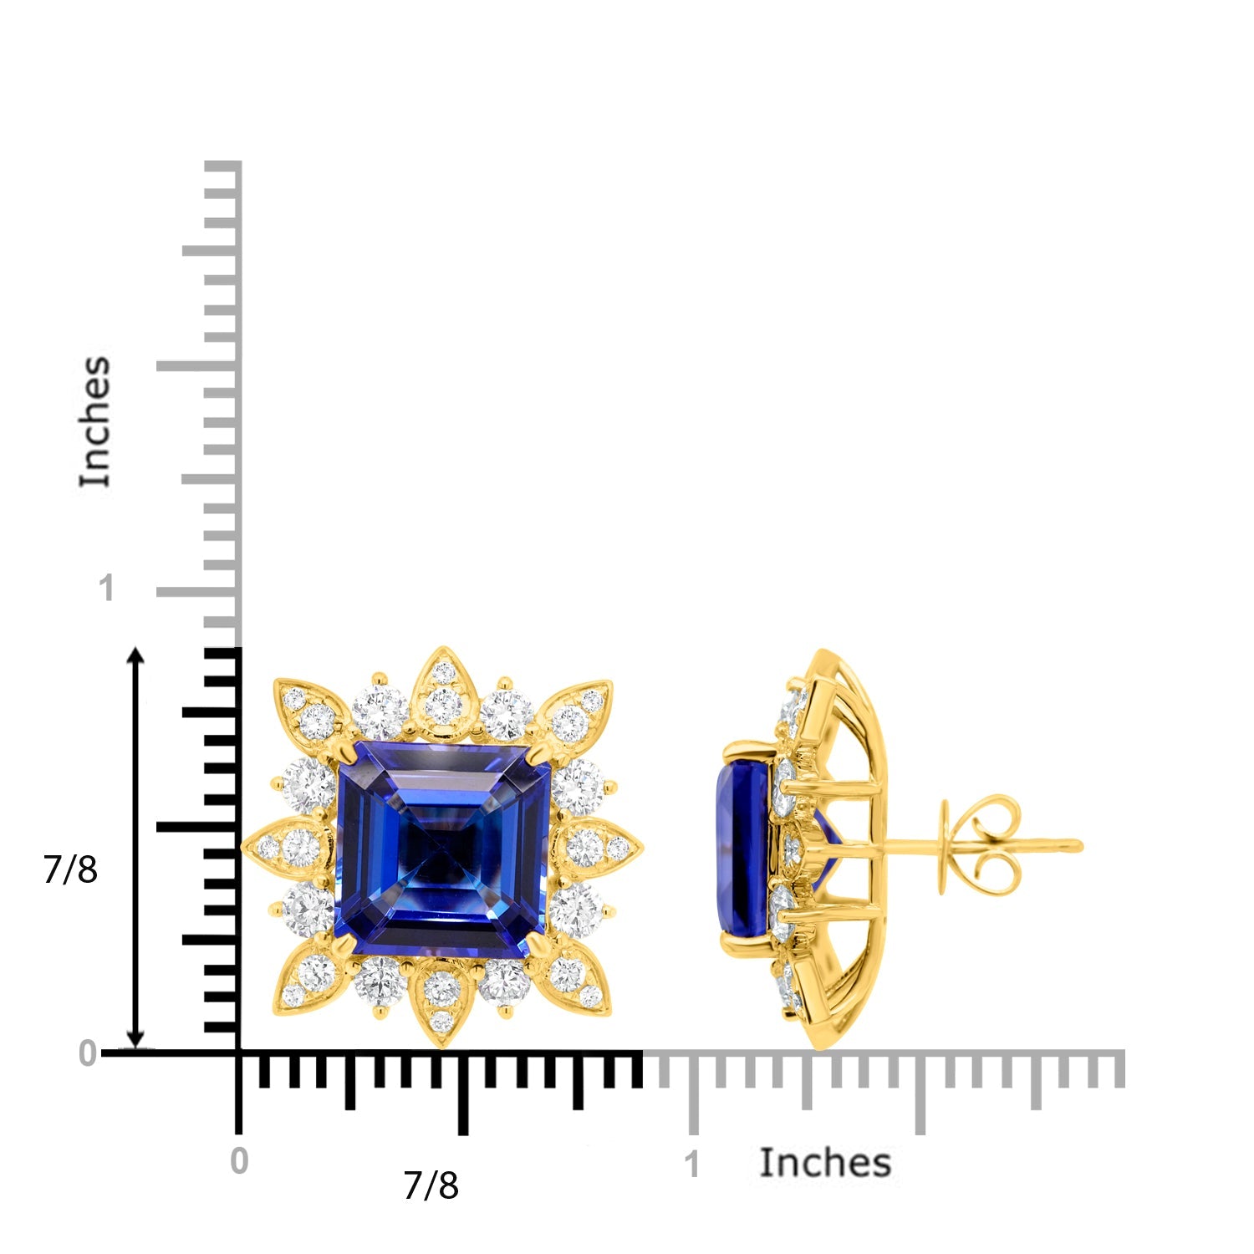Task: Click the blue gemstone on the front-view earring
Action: coord(443,849)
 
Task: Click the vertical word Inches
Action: coord(95,421)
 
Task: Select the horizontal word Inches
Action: coord(825,1163)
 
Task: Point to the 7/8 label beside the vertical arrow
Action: coord(70,870)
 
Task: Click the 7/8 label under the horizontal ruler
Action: coord(431,1185)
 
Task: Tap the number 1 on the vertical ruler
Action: coord(105,589)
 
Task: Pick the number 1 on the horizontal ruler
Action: coord(691,1165)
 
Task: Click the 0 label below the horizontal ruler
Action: coord(239,1161)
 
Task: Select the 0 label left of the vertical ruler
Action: coord(87,1054)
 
